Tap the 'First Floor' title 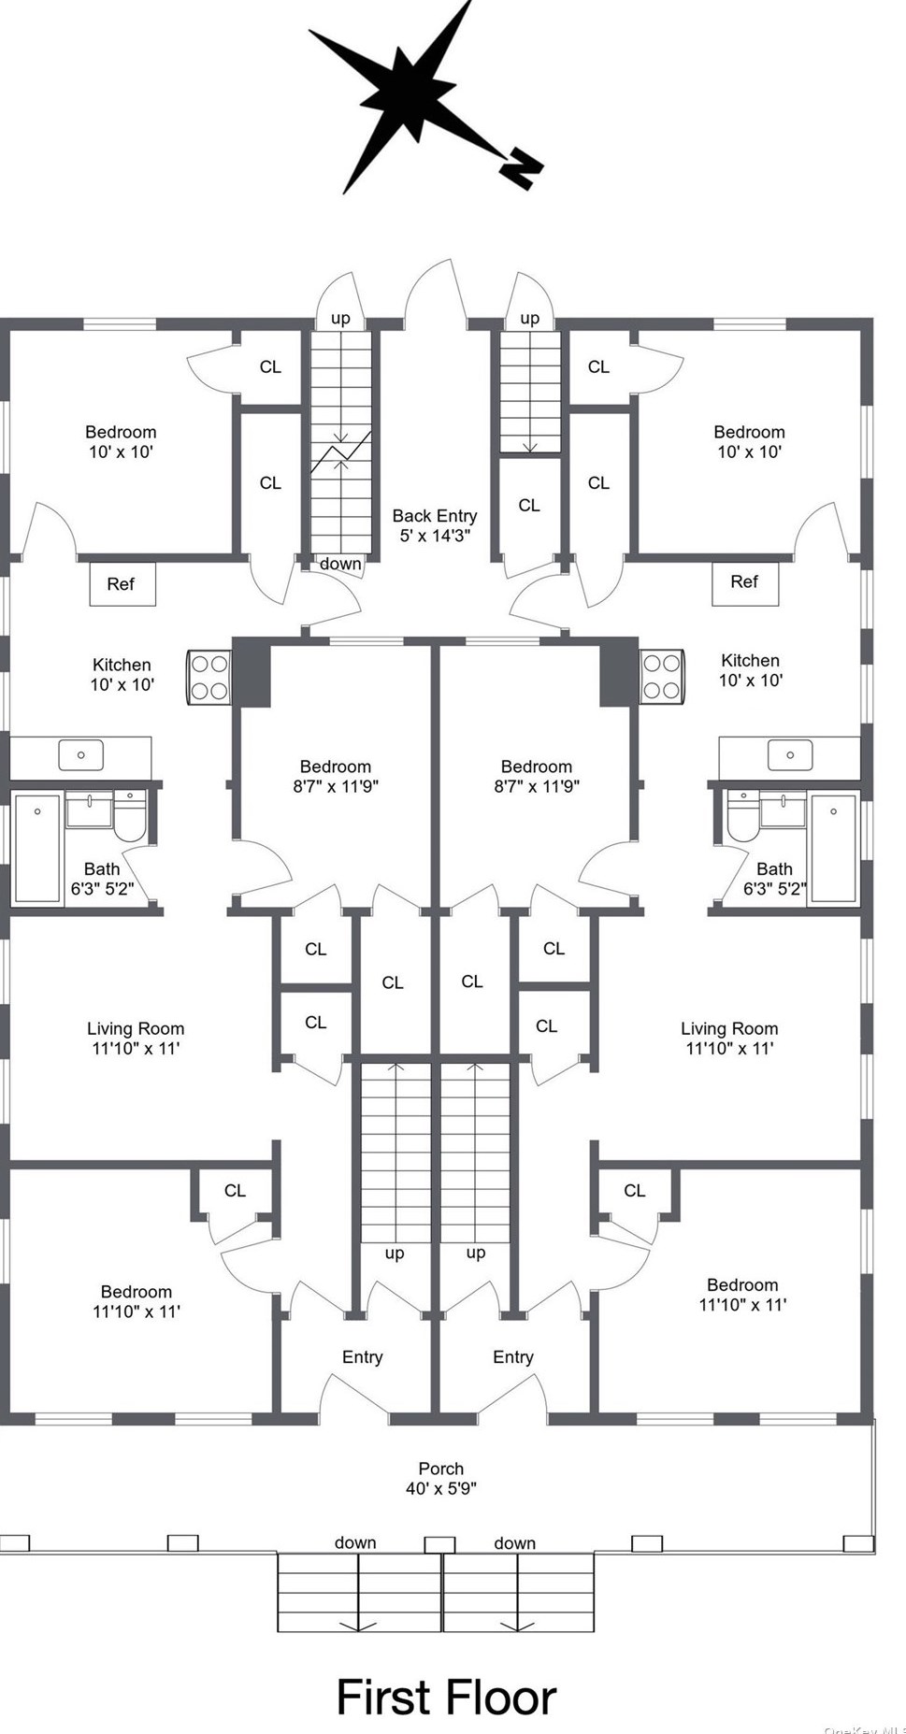[x=446, y=1697]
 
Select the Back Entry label [x=435, y=525]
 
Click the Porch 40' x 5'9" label [x=441, y=1478]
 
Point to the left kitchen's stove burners [x=209, y=677]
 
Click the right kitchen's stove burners [x=662, y=677]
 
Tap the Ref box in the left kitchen [x=122, y=584]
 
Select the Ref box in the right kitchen [x=745, y=583]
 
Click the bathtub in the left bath [x=37, y=849]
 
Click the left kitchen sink [x=81, y=755]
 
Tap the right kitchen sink [x=790, y=755]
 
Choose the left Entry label [x=363, y=1357]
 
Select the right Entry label [x=513, y=1357]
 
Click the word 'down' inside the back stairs [x=340, y=564]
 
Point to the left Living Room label [x=136, y=1039]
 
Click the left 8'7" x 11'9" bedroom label [x=336, y=777]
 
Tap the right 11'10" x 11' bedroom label [x=742, y=1295]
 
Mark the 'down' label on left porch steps [x=355, y=1543]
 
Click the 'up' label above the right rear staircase [x=530, y=319]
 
